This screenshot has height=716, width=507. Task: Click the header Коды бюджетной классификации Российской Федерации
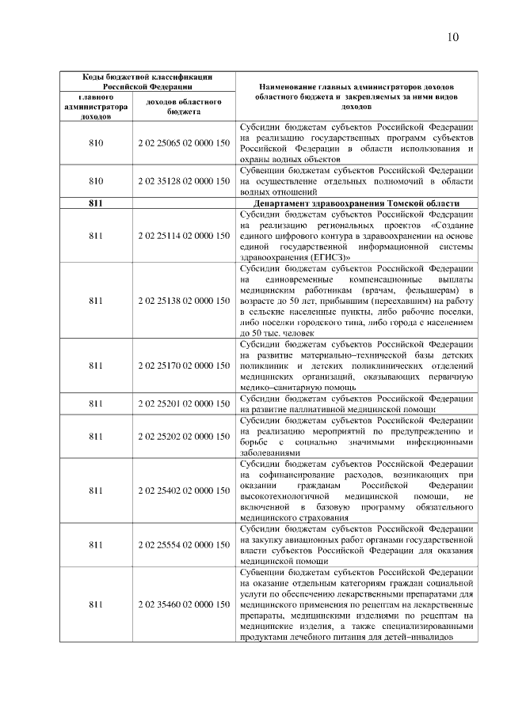(139, 81)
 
